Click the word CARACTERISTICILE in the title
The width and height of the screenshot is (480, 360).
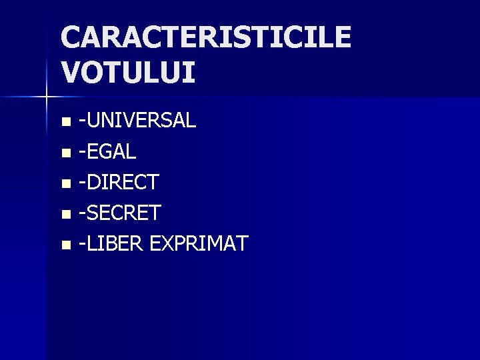click(205, 37)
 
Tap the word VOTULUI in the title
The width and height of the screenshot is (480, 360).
click(128, 72)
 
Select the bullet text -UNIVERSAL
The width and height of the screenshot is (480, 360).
click(137, 121)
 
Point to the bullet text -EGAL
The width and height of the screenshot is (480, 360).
click(107, 152)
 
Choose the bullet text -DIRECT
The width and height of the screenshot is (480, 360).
click(119, 182)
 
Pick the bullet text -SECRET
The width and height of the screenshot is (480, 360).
click(120, 213)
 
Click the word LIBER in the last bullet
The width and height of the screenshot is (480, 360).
click(115, 243)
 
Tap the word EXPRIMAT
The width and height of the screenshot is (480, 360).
click(199, 243)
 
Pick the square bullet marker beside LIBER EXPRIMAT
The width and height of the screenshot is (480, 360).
click(65, 245)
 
